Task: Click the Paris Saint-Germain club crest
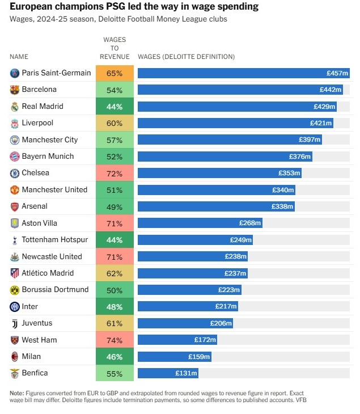coord(15,73)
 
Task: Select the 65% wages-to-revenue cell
coord(115,73)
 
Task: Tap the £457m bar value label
coord(337,73)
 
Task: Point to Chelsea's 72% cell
coord(115,173)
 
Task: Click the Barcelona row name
coord(39,90)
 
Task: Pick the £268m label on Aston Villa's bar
coord(249,223)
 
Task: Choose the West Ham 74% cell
coord(115,340)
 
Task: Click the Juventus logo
coord(15,323)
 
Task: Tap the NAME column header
coord(19,57)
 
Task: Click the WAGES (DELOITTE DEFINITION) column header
coord(186,57)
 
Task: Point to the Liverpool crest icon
coord(15,123)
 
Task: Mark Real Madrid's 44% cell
coord(115,107)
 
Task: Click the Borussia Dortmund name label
coord(55,290)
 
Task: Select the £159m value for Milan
coord(199,357)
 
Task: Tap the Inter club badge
coord(15,307)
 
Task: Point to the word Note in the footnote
coord(17,393)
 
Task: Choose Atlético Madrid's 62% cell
coord(115,273)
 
